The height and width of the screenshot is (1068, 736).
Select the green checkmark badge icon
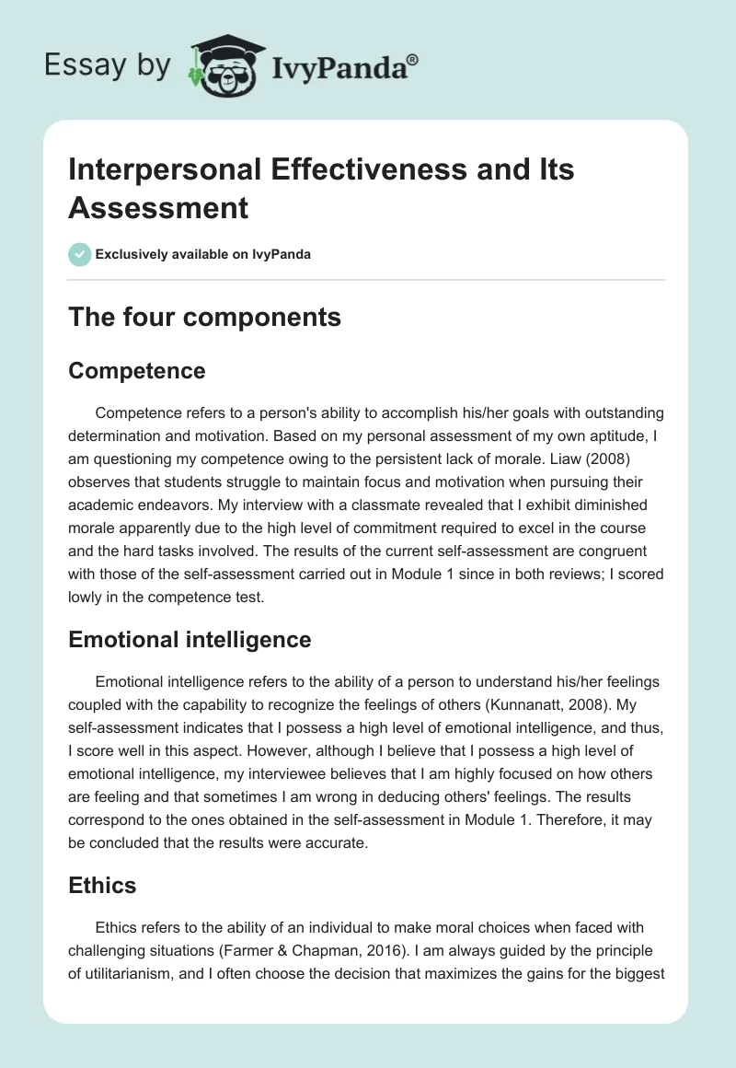[x=80, y=254]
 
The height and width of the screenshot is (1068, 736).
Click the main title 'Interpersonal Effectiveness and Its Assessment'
[x=321, y=189]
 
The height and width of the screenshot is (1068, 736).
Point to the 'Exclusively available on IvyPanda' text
[x=202, y=255]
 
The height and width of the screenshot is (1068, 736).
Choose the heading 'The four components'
[x=204, y=317]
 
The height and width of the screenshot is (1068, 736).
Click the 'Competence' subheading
[x=137, y=370]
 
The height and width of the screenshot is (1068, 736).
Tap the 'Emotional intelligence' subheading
[x=190, y=639]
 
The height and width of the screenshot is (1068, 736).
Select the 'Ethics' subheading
[x=102, y=885]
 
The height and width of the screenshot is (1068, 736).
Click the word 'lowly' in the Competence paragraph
[x=88, y=597]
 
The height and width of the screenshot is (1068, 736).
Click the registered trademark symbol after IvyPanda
[x=413, y=58]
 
